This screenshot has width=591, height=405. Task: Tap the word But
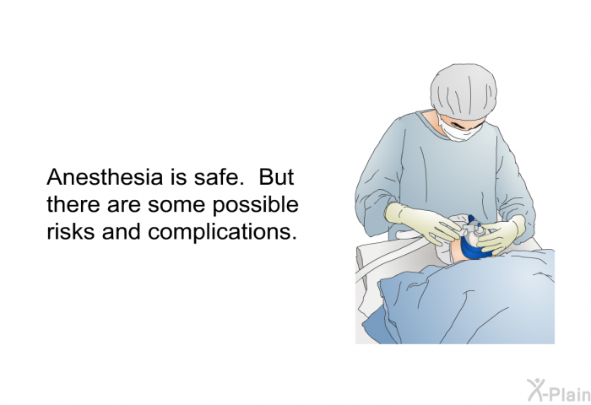[276, 176]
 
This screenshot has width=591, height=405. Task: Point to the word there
[73, 204]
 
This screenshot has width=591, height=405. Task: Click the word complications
[222, 232]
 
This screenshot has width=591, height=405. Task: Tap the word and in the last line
[121, 231]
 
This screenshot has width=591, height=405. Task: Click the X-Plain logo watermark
[559, 391]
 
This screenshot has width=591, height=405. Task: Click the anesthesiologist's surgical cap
[464, 90]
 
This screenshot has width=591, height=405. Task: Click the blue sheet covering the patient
[464, 298]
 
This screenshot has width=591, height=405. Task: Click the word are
[123, 206]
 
